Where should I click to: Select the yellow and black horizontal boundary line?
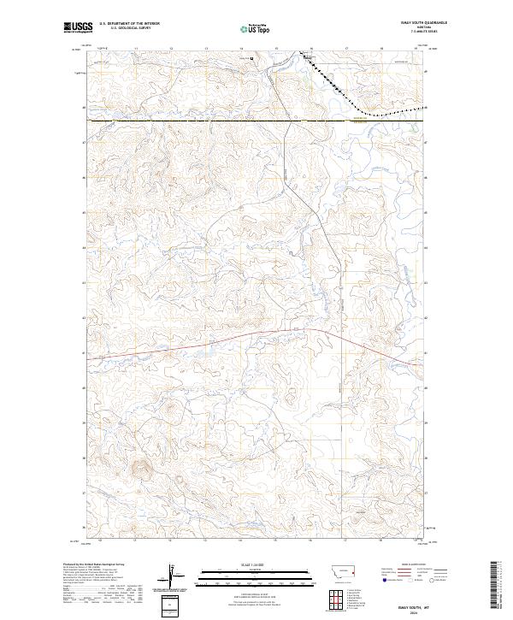click(214, 121)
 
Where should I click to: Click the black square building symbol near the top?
click(252, 59)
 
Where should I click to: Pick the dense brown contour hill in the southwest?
click(139, 468)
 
